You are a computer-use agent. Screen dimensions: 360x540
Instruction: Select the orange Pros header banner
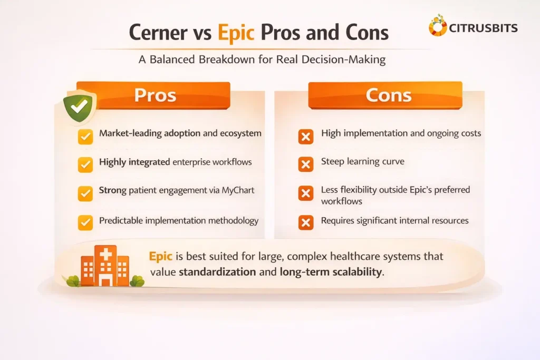point(155,95)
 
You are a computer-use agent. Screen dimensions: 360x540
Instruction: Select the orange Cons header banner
point(385,95)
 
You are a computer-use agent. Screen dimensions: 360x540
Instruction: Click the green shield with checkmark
point(79,108)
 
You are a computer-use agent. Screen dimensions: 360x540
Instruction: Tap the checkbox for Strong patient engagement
point(85,193)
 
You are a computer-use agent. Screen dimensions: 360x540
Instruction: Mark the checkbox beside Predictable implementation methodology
point(85,222)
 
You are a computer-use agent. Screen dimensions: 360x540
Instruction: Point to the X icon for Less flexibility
point(305,193)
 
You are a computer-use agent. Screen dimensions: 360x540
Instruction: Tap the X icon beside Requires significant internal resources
point(305,222)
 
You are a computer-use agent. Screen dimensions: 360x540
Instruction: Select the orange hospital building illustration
point(105,267)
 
